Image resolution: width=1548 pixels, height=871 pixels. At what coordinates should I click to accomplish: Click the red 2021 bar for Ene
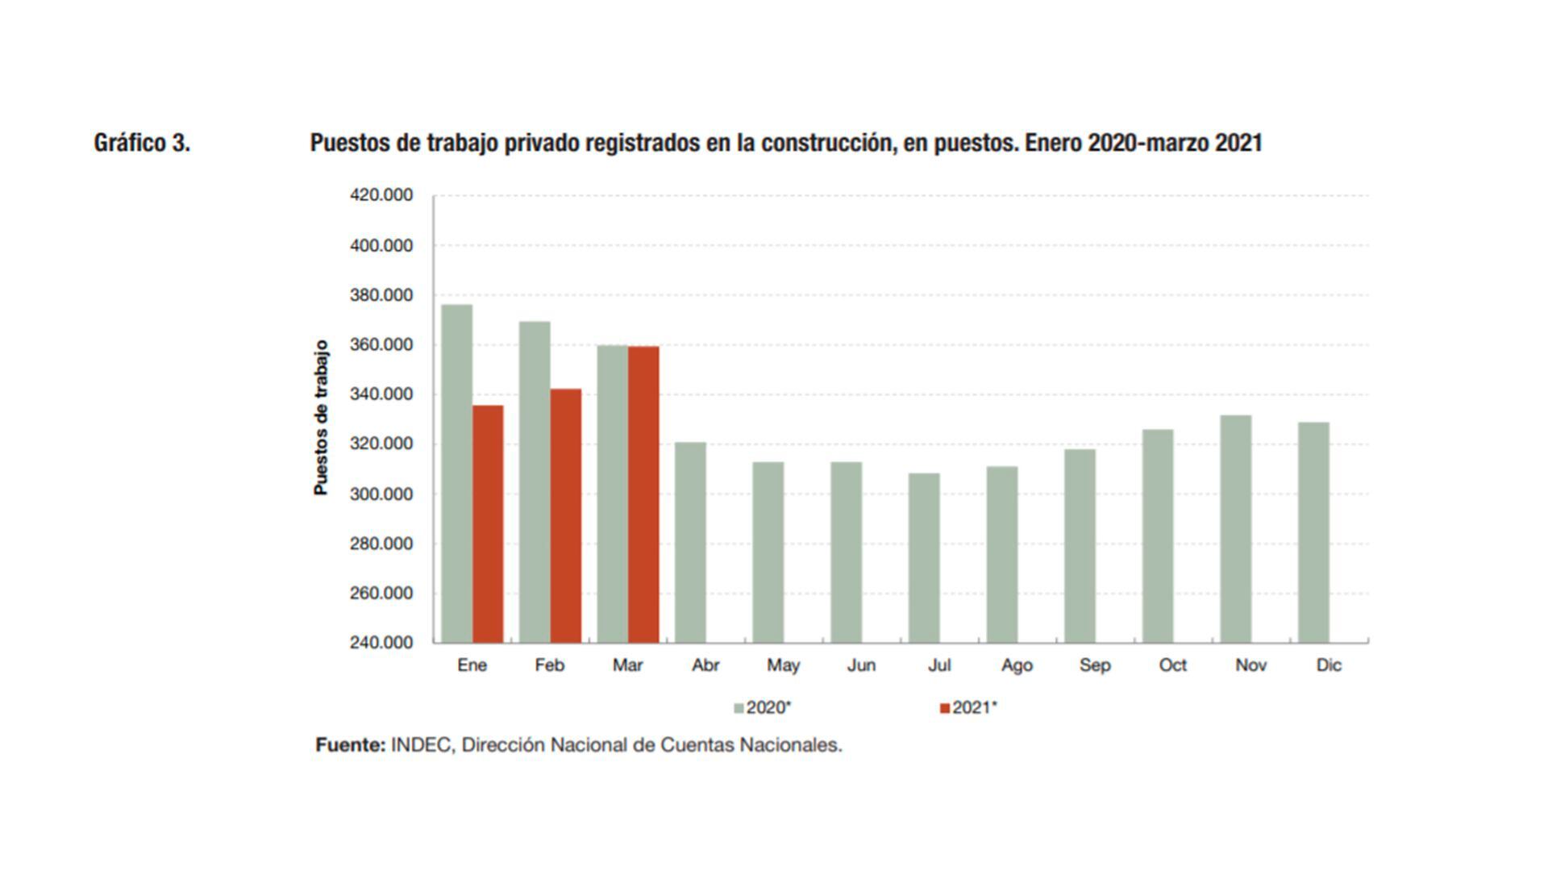click(488, 524)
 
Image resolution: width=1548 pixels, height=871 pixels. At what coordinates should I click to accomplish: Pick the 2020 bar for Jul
click(924, 558)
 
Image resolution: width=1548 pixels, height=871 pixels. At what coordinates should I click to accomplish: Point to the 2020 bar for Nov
click(1235, 529)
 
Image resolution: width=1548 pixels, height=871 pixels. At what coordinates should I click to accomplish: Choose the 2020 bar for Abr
click(690, 542)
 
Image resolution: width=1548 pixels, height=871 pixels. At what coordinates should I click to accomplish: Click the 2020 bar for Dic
click(1313, 532)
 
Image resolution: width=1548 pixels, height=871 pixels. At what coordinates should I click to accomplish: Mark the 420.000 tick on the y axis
click(381, 195)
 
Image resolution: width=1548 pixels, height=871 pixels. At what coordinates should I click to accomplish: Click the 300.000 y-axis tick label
click(381, 494)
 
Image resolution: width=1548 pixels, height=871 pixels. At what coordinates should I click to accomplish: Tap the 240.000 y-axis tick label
click(381, 643)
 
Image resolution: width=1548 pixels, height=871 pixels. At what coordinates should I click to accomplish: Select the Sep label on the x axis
click(1095, 665)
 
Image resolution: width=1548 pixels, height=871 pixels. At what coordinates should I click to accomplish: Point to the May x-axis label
click(783, 665)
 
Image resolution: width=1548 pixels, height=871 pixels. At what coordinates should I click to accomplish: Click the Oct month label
click(1172, 665)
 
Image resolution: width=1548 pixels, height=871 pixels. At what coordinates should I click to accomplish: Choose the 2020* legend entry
click(763, 708)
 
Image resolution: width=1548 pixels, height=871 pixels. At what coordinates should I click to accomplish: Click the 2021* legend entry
click(969, 708)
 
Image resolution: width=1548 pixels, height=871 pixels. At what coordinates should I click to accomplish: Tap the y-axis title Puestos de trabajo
click(322, 417)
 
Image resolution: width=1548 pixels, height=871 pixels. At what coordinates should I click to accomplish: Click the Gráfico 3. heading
click(142, 143)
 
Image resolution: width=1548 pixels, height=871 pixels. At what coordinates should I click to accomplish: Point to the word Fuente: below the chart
click(351, 745)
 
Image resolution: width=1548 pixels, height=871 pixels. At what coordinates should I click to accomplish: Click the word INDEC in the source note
click(421, 745)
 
